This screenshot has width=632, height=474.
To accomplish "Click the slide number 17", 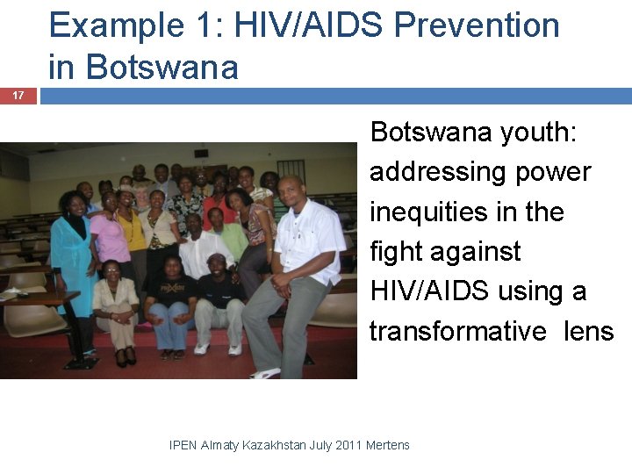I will (x=18, y=95).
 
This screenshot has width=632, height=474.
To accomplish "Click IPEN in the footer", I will (x=183, y=445).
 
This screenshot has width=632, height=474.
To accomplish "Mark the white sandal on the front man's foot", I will (x=263, y=372).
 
